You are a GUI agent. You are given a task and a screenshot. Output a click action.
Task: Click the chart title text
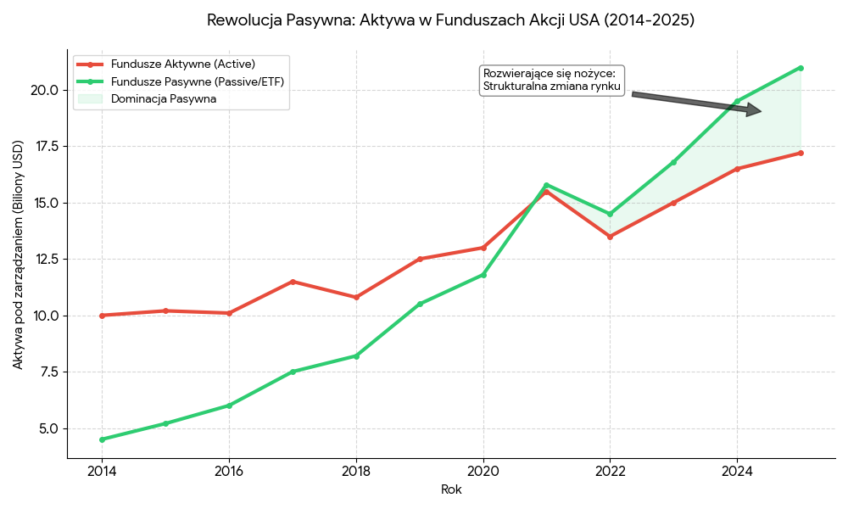(450, 20)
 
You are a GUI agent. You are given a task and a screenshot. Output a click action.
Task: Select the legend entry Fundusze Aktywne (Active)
(182, 64)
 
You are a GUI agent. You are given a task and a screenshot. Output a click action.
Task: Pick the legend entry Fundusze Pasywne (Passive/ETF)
(197, 81)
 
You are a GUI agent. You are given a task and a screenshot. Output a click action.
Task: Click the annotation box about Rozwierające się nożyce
(551, 80)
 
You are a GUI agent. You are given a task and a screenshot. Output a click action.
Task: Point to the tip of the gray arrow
(760, 111)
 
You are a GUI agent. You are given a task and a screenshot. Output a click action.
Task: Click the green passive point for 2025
(801, 68)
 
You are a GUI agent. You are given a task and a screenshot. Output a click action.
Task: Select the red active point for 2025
(801, 153)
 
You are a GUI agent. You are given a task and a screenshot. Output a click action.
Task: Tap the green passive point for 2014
(102, 439)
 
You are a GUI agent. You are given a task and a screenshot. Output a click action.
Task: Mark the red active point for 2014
(102, 316)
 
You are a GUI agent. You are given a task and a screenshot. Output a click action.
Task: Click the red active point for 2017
(293, 282)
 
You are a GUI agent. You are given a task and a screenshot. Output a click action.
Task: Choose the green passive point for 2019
(420, 304)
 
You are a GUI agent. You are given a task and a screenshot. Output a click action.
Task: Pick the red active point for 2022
(610, 237)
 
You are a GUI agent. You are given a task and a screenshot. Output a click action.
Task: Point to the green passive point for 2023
(673, 162)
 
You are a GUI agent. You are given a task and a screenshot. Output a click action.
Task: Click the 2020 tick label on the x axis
(483, 471)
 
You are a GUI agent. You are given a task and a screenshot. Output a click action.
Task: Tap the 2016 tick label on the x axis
(229, 471)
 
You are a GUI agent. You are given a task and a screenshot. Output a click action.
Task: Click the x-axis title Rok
(451, 489)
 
